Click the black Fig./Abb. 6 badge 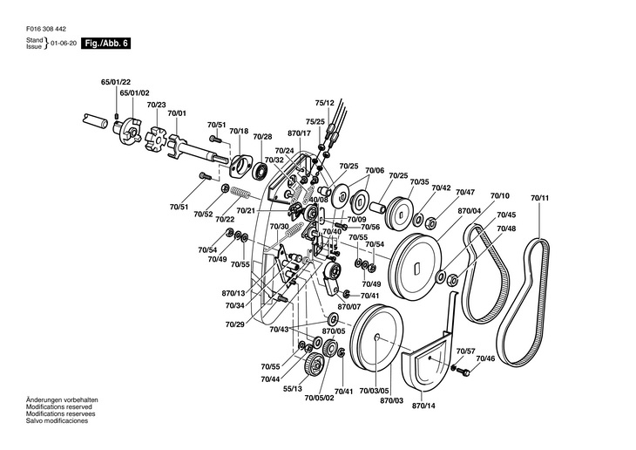tap(106, 44)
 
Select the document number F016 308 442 tap(46, 30)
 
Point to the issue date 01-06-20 tap(64, 44)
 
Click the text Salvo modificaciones tap(57, 420)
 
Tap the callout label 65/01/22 tap(116, 83)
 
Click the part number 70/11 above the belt tap(539, 198)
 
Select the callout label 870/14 tap(423, 406)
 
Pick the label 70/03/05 tap(374, 391)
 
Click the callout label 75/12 tap(324, 103)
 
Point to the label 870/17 tap(300, 133)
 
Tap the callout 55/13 tap(293, 389)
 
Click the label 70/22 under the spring tap(225, 220)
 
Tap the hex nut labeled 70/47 tap(432, 222)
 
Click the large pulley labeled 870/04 tap(416, 267)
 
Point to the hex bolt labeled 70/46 tap(463, 371)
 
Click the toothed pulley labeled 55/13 tap(314, 365)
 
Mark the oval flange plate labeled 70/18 tap(240, 166)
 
